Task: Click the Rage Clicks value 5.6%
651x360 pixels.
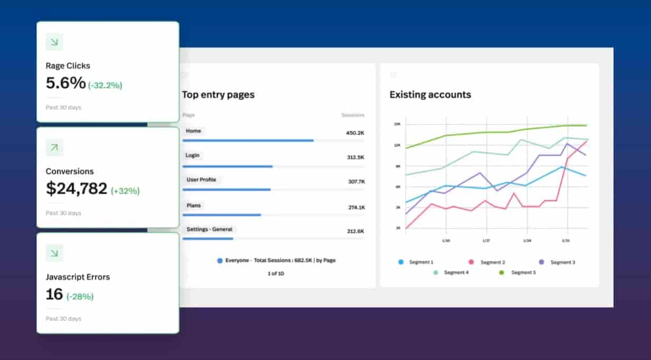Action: coord(65,83)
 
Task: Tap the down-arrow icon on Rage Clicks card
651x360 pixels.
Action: coord(54,42)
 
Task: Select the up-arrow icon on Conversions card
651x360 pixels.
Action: coord(54,148)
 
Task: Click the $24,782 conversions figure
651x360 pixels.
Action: coord(76,188)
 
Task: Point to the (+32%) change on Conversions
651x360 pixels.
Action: coord(125,191)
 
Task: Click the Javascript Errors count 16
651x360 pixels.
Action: coord(54,294)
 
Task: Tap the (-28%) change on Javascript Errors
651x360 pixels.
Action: coord(80,296)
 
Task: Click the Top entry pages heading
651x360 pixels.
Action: coord(218,95)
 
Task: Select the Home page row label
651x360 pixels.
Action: coord(193,131)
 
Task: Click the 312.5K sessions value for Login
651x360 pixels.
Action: coord(355,157)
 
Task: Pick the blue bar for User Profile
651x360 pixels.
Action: coord(226,190)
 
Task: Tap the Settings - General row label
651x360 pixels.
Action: coord(209,230)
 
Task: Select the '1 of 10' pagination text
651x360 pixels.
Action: coord(275,273)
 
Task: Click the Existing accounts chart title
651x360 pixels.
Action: coord(430,95)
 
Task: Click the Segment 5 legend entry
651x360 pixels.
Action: coord(519,273)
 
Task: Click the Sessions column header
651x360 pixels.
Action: coord(352,115)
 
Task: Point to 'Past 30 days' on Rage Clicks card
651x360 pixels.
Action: coord(63,108)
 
